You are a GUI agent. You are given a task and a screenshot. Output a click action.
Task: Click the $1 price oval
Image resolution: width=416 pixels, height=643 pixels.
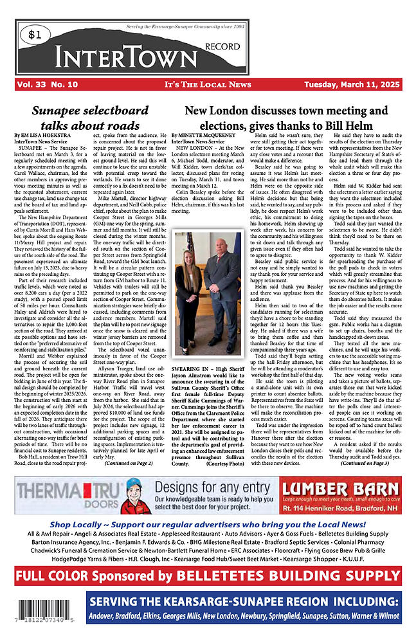[37, 37]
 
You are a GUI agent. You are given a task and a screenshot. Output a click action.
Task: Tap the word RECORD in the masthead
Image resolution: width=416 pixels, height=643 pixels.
[221, 46]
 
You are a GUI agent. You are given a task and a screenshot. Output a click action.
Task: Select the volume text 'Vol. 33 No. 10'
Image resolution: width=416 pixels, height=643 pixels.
[48, 84]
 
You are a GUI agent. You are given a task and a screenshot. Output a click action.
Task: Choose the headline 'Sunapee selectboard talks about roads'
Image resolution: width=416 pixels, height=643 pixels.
[89, 118]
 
